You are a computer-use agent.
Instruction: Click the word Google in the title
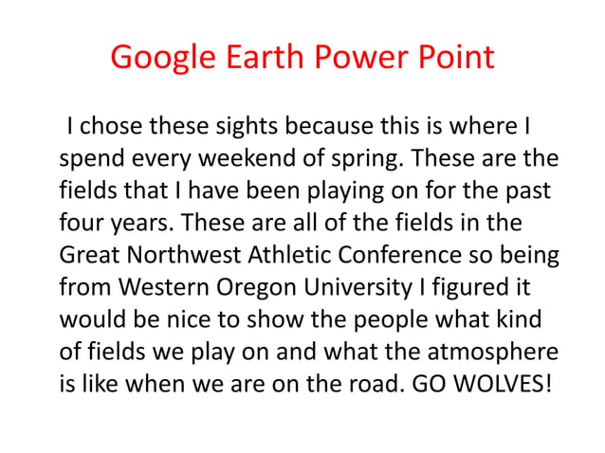[x=160, y=58]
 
